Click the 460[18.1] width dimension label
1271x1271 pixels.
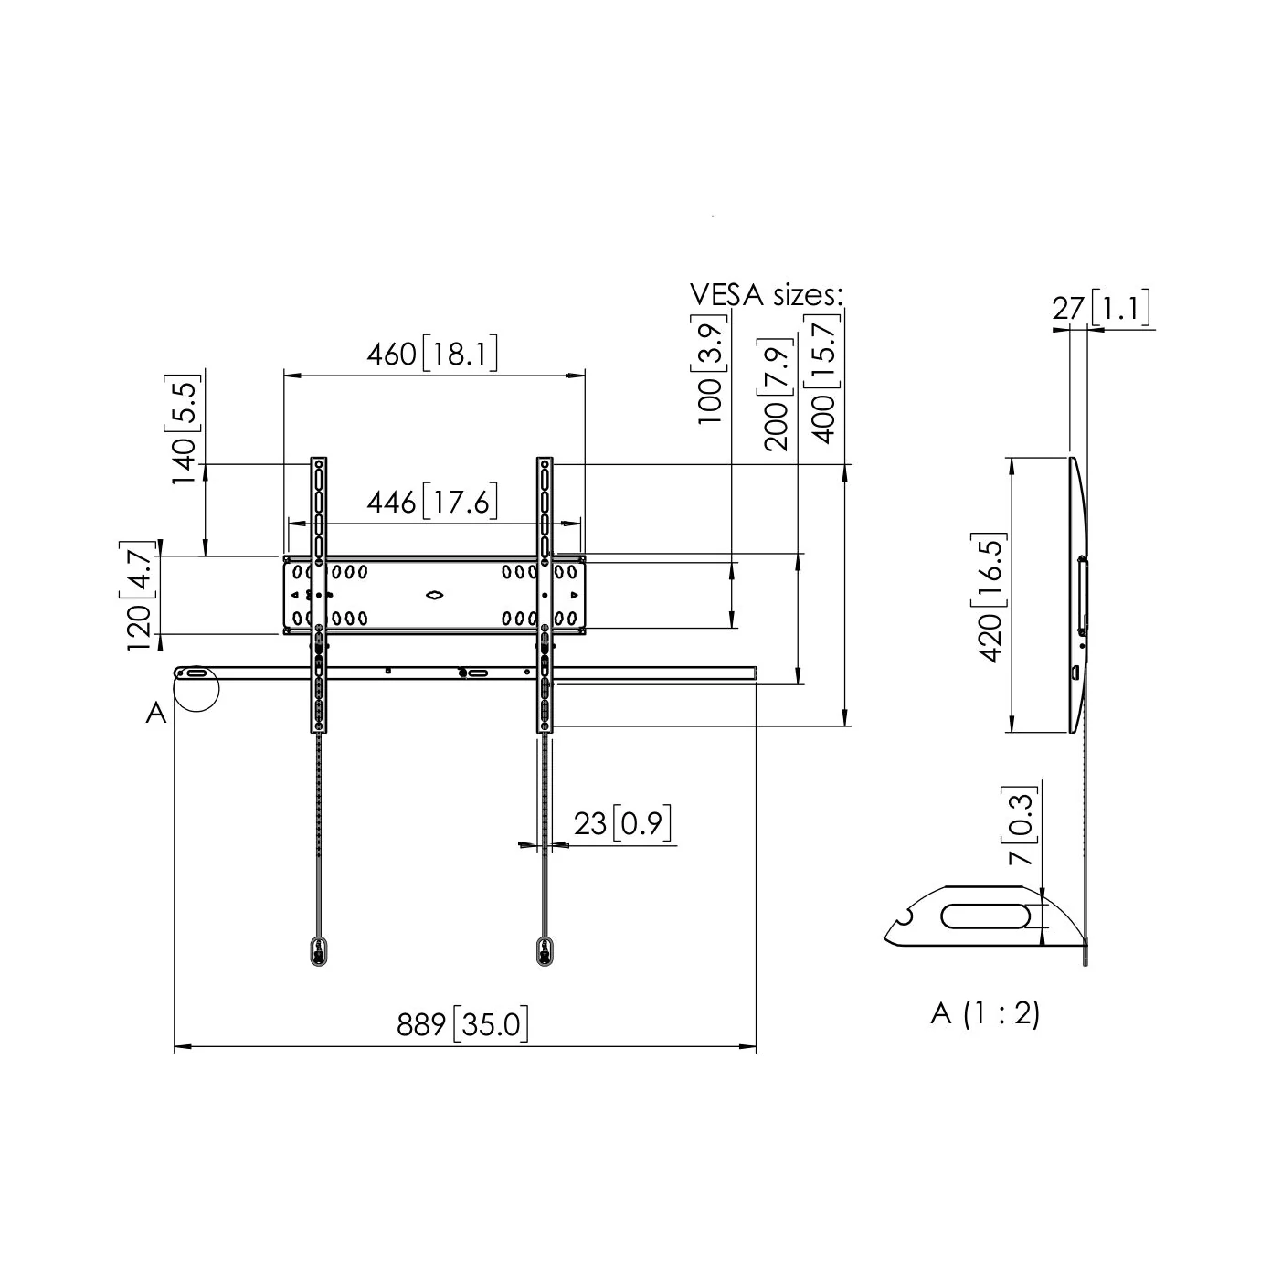pyautogui.click(x=432, y=354)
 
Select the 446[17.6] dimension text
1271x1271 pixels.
pyautogui.click(x=432, y=502)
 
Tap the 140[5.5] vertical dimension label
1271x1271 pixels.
pyautogui.click(x=184, y=429)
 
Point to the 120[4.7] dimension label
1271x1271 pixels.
pyautogui.click(x=139, y=596)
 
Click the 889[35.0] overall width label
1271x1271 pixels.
pyautogui.click(x=462, y=1024)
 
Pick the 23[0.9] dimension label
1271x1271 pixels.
pyautogui.click(x=622, y=823)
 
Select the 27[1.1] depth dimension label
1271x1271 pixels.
pyautogui.click(x=1101, y=307)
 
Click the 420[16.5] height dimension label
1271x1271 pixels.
pyautogui.click(x=990, y=597)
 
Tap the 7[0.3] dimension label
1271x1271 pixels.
pyautogui.click(x=1020, y=825)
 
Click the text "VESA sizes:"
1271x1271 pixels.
pyautogui.click(x=767, y=294)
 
